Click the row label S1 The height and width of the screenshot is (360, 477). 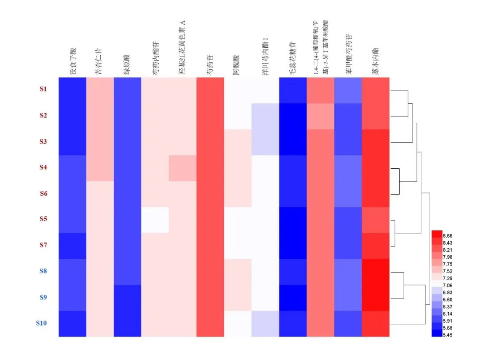(43, 89)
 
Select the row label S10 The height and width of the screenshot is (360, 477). (41, 323)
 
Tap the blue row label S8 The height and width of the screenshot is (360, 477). (42, 271)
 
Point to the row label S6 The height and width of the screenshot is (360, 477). (43, 193)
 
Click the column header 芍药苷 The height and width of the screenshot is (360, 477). (209, 64)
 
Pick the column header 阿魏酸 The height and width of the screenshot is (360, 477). (237, 64)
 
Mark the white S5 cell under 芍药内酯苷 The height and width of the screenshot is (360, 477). (155, 220)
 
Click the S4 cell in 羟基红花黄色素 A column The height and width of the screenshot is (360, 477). (182, 168)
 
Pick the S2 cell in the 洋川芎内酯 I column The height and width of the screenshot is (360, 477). (265, 116)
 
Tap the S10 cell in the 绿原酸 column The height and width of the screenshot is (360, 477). (127, 324)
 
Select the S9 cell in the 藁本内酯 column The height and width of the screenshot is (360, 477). (375, 298)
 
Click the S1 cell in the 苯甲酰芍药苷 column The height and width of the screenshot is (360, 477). (348, 90)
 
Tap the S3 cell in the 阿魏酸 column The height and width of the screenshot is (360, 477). (238, 142)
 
